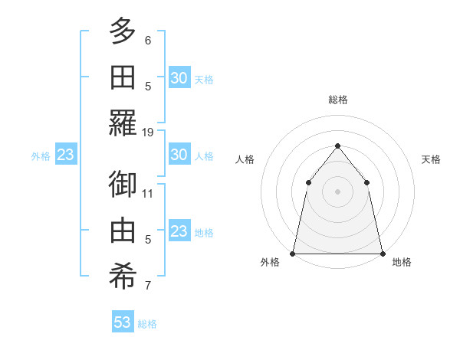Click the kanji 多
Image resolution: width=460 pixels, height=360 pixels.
123,32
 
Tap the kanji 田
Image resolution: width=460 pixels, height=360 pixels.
123,77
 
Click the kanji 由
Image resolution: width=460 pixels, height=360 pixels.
123,231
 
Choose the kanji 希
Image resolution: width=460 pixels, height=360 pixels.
123,277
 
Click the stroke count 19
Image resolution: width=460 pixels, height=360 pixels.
148,133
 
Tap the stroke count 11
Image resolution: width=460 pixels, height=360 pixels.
148,193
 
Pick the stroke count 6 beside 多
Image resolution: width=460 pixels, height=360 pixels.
148,41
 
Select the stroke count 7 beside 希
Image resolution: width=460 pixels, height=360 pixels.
148,286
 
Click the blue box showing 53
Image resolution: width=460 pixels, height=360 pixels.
123,322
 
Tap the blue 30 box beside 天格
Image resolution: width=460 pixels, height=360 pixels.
179,78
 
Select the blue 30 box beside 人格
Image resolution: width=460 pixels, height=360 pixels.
179,155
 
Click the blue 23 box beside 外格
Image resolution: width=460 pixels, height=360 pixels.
65,155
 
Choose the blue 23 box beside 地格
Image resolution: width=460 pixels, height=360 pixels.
179,231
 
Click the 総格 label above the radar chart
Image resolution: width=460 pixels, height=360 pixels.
337,100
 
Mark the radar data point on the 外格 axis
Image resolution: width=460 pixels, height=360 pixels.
293,253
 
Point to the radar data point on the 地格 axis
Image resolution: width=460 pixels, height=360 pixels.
382,253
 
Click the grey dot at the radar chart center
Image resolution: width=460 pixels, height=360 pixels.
337,191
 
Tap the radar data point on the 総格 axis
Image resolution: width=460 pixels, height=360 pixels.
337,146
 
